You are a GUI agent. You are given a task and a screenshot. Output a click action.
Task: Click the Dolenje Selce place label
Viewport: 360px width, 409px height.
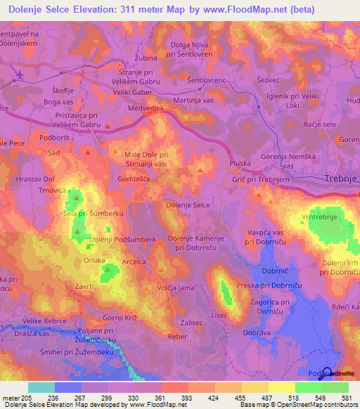187,204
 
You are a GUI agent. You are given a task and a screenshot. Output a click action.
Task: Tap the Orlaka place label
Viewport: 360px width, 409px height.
94,259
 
